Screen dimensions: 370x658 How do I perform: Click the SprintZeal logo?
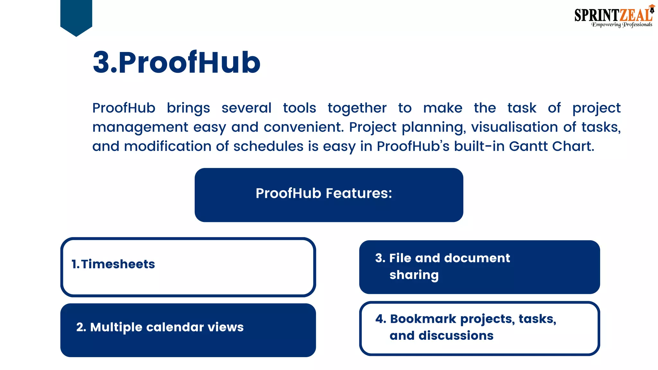(614, 16)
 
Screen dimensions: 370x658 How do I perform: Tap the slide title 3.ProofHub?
(176, 62)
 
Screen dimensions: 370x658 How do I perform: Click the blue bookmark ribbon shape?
(76, 16)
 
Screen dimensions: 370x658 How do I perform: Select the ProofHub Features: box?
(329, 195)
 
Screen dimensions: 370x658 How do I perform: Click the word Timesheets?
(118, 264)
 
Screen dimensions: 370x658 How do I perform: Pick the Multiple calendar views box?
(188, 330)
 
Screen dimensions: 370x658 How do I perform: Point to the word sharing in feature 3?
(414, 275)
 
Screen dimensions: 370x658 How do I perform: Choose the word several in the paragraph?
(246, 108)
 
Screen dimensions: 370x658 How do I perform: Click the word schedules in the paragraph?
(268, 146)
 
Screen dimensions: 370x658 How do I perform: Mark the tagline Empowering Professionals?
(622, 25)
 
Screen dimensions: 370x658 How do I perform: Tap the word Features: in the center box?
(359, 193)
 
